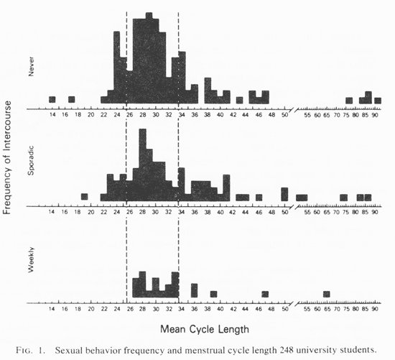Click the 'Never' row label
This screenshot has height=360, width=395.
[31, 66]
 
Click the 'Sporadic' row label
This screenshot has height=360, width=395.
[31, 160]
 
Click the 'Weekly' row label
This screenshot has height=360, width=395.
[31, 259]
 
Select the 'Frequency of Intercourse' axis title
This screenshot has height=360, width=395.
[8, 157]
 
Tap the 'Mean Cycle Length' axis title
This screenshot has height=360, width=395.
[205, 329]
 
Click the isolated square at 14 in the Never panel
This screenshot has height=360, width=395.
[52, 100]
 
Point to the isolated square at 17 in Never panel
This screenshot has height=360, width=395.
[72, 100]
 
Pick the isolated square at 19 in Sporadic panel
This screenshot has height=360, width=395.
[85, 197]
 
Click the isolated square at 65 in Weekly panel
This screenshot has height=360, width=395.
[327, 294]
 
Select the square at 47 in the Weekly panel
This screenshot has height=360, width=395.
[265, 294]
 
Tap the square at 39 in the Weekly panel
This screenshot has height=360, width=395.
[213, 294]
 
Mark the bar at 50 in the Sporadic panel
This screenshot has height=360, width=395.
[284, 194]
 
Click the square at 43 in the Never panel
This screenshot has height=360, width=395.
[240, 100]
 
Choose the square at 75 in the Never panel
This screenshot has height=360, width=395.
[349, 101]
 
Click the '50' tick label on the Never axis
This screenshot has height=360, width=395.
[284, 115]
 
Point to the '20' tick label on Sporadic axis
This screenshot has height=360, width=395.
[91, 212]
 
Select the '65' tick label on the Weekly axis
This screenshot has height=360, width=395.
[327, 309]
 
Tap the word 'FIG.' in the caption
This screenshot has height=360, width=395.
[24, 351]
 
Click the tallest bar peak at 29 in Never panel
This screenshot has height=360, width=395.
[149, 16]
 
